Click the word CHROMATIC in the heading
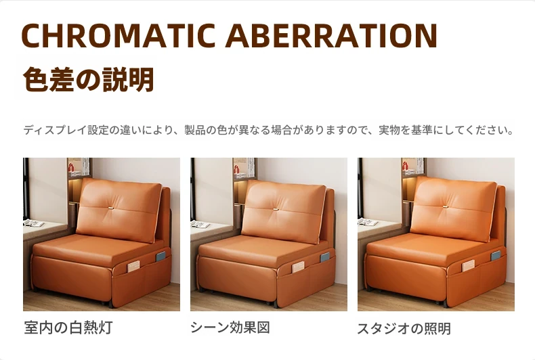(x=119, y=35)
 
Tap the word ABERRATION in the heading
(x=331, y=35)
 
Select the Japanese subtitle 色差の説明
(x=88, y=79)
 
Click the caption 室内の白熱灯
(x=68, y=328)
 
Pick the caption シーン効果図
(x=230, y=328)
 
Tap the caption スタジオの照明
(x=404, y=329)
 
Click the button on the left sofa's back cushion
(x=112, y=208)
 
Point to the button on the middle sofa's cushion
(x=276, y=208)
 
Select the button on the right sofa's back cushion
(x=445, y=206)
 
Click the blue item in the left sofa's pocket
(x=160, y=256)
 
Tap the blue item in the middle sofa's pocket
(x=325, y=257)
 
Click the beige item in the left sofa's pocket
(x=133, y=267)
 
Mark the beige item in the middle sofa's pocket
(x=298, y=267)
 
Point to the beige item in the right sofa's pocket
(x=468, y=265)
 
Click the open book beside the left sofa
(x=34, y=223)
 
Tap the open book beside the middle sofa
(x=200, y=224)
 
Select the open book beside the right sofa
(x=368, y=222)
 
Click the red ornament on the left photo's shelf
(x=71, y=167)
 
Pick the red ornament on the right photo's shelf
(x=405, y=166)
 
